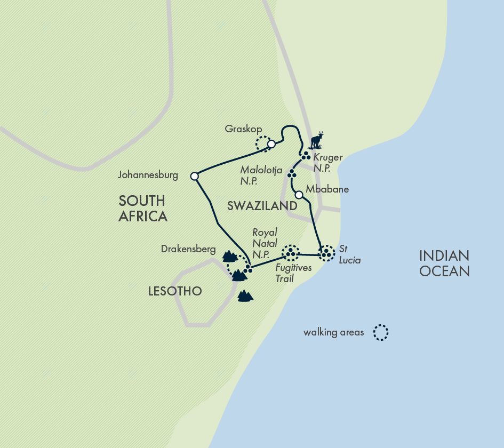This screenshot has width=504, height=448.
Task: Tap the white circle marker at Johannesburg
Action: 195,176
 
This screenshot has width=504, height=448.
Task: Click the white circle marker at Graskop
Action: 271,144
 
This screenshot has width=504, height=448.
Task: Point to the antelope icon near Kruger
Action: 317,140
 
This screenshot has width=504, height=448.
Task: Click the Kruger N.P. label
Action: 327,163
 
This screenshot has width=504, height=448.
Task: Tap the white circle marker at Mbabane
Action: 299,195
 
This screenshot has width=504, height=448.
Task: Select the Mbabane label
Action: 327,189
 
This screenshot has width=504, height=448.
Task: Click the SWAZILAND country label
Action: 262,206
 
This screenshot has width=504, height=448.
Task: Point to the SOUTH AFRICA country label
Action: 142,209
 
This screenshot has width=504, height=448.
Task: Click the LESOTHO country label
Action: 175,291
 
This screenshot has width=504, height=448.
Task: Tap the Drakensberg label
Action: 188,249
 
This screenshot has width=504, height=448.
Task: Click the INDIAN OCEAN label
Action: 444,263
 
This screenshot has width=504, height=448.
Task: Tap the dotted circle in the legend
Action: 381,333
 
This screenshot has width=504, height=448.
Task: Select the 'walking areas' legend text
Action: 333,333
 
